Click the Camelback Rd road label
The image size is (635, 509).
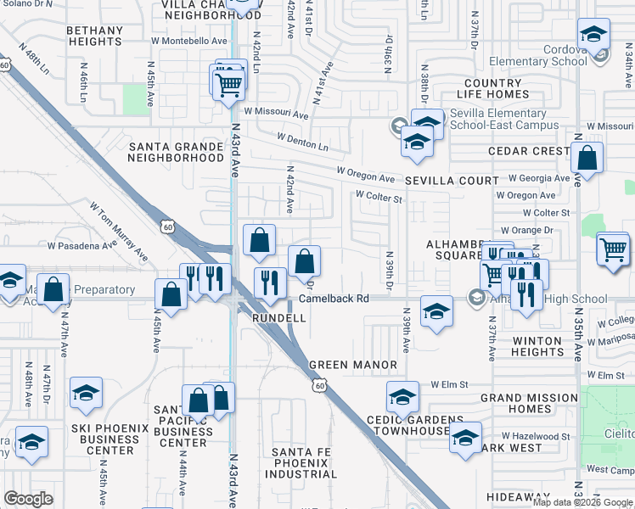[333, 299]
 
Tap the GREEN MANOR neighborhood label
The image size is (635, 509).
[352, 365]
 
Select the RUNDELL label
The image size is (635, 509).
[279, 318]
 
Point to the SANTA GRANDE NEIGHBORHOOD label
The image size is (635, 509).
[175, 152]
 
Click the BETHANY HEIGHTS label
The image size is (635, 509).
[94, 36]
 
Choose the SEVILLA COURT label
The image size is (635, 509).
[451, 181]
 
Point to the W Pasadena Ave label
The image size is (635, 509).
[82, 246]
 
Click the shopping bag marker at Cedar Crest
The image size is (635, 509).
[587, 158]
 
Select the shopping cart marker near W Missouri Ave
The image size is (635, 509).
[228, 83]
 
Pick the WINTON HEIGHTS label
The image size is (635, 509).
[525, 346]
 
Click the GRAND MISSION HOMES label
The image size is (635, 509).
[529, 403]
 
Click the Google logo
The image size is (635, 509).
[29, 499]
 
